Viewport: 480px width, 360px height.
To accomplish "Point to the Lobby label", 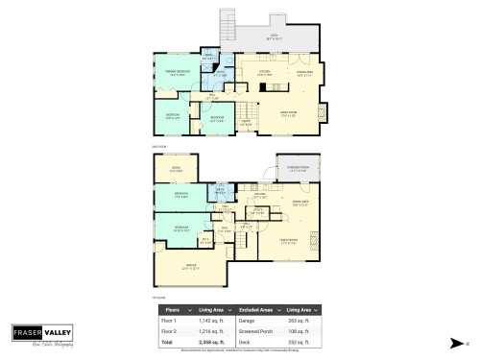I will pos(246,123).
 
